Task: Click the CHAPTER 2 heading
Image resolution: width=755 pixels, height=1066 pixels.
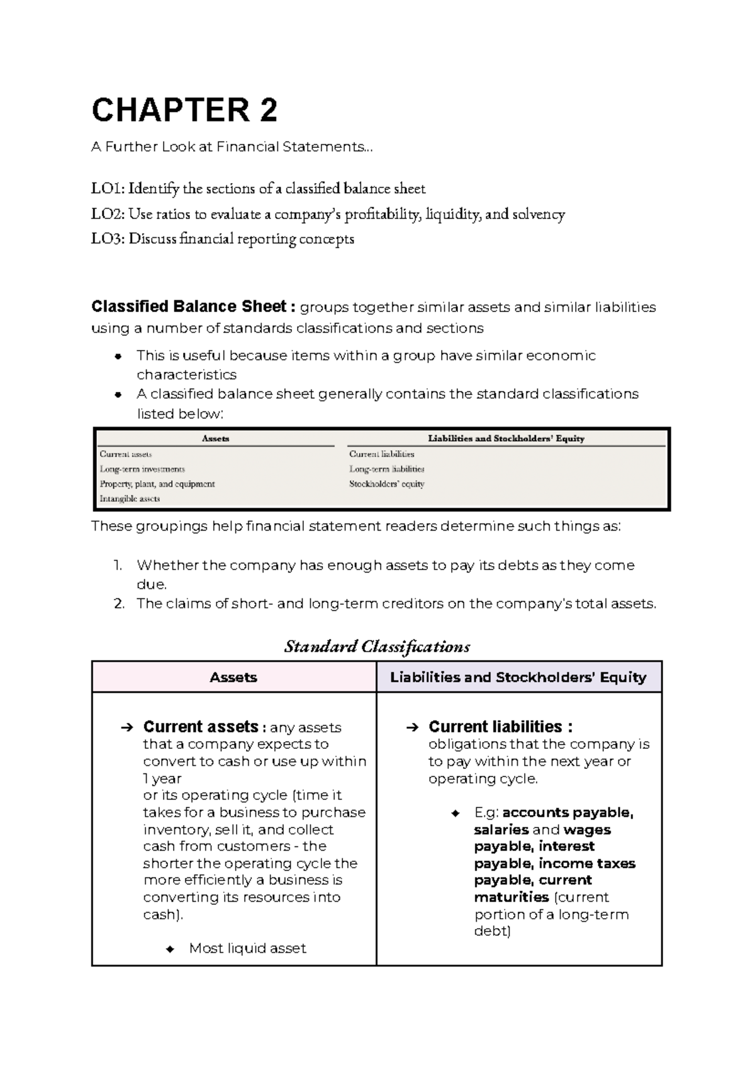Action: click(x=184, y=110)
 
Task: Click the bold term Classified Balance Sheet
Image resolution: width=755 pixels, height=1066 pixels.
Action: click(x=189, y=306)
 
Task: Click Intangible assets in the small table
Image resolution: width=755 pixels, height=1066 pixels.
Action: click(x=130, y=499)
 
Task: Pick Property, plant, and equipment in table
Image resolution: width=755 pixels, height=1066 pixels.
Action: click(x=157, y=484)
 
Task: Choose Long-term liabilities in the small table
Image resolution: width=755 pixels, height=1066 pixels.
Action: click(x=386, y=469)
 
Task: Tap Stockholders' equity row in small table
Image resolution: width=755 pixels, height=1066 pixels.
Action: click(x=386, y=484)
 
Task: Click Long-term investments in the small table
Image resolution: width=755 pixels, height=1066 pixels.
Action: click(x=142, y=469)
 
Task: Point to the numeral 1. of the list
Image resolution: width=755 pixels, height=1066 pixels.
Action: click(x=118, y=565)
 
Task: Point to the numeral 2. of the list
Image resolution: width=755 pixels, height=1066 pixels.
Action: click(x=119, y=604)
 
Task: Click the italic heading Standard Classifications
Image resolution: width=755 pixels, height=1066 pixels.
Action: click(x=377, y=646)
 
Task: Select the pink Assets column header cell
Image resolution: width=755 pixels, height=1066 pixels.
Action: click(x=233, y=677)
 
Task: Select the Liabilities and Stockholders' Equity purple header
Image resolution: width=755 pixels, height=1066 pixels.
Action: click(x=518, y=677)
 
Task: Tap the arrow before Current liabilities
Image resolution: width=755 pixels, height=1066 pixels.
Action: click(x=412, y=727)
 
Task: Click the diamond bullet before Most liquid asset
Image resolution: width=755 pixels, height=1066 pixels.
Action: click(x=170, y=949)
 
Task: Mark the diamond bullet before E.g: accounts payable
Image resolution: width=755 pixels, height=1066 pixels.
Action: click(x=456, y=813)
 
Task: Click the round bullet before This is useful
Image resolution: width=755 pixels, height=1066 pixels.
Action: click(x=118, y=356)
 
